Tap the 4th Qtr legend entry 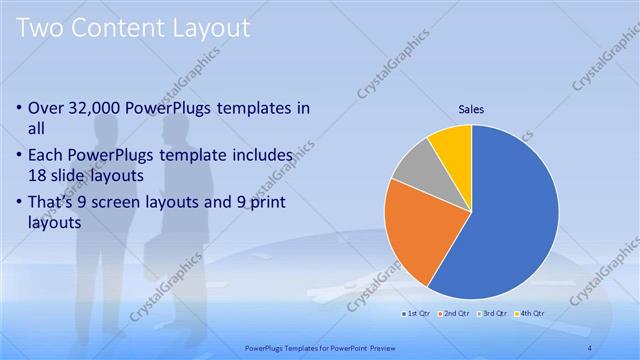coord(529,313)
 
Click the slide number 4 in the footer coord(591,347)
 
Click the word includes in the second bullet coord(263,156)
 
